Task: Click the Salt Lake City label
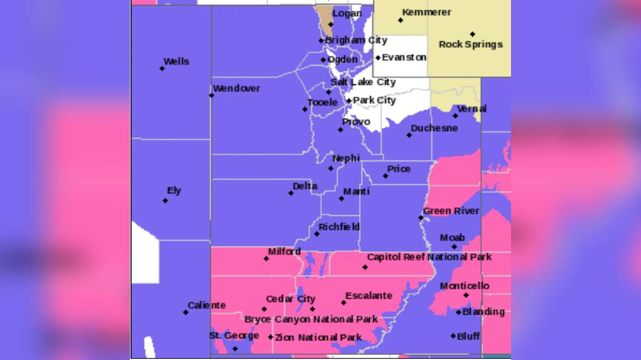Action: tap(363, 82)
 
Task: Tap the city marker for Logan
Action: tap(330, 25)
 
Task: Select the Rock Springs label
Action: tap(470, 44)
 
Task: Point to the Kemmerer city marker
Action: tap(400, 20)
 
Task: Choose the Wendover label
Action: tap(236, 88)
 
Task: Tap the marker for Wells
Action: tap(162, 68)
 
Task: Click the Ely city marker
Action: tap(165, 200)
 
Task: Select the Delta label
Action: tap(305, 186)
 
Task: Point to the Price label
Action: tap(399, 169)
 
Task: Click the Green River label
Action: tap(451, 211)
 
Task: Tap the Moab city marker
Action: tap(454, 247)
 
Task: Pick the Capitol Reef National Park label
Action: tap(429, 257)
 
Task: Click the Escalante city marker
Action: tap(343, 303)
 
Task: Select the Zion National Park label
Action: tap(318, 338)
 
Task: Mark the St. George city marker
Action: tap(235, 349)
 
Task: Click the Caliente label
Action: tap(207, 305)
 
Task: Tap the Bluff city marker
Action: tap(453, 336)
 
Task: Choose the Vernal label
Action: tap(471, 109)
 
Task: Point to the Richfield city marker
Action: tap(316, 234)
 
